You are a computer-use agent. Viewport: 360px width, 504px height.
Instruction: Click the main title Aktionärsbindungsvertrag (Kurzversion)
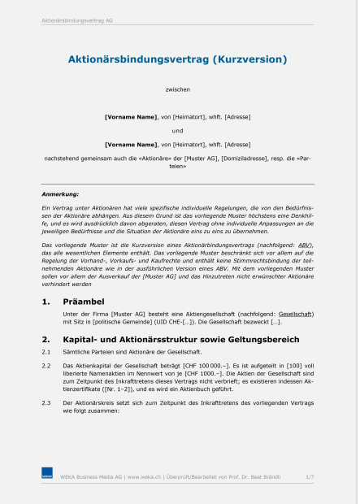(177, 59)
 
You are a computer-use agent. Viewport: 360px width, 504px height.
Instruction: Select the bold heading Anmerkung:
(60, 195)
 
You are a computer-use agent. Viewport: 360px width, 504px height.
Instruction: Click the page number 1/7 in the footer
(310, 477)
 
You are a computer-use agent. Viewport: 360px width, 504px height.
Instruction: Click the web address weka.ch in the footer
(146, 477)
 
